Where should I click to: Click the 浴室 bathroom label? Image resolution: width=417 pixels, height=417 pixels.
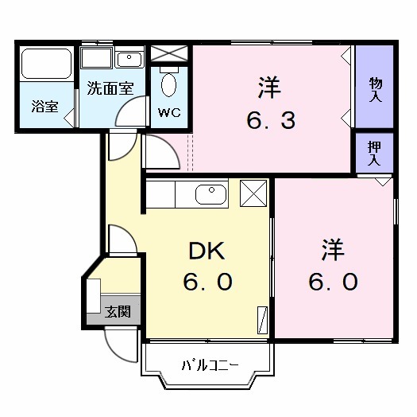(44, 106)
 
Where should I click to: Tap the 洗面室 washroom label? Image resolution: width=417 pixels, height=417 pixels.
(110, 88)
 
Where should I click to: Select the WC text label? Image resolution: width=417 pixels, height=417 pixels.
(169, 112)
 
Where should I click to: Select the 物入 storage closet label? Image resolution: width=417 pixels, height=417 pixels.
(375, 88)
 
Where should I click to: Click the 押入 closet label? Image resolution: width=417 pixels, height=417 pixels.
(373, 153)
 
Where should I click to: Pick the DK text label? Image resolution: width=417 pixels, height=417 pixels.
(209, 251)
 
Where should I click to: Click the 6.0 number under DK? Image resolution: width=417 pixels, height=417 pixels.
(209, 283)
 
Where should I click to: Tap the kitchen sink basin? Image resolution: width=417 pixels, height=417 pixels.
(209, 193)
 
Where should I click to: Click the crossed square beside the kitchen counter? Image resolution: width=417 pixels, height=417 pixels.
(253, 193)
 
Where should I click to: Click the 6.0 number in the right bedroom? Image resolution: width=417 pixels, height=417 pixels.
(334, 283)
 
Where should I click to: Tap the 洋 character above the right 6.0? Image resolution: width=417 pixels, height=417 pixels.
(334, 251)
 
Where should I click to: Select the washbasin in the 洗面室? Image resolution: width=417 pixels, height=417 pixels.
(127, 59)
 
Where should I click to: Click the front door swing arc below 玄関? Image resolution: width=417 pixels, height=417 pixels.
(119, 344)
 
